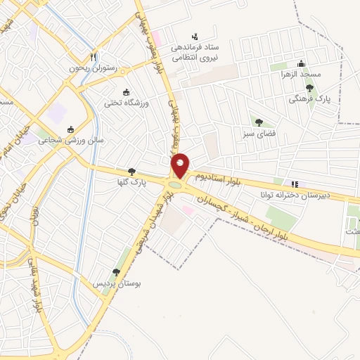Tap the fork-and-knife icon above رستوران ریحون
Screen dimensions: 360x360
click(x=94, y=57)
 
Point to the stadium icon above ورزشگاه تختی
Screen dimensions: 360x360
click(x=126, y=92)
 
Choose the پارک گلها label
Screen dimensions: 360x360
click(x=131, y=182)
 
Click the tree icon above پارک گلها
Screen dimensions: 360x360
click(x=131, y=172)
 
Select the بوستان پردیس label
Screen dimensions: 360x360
click(x=118, y=283)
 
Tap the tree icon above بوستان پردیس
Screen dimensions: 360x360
click(x=116, y=272)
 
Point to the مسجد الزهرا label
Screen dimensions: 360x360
click(x=300, y=74)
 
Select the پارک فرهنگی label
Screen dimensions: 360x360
click(x=309, y=99)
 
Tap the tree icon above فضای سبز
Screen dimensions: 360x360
click(x=259, y=122)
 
